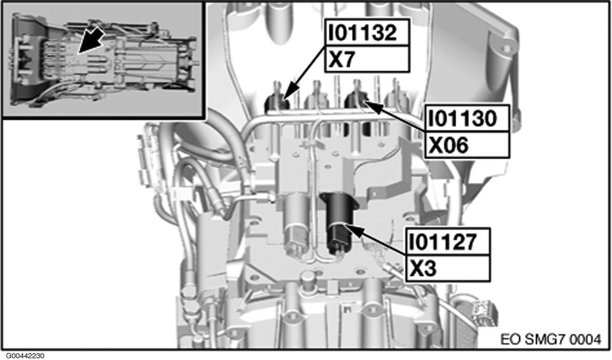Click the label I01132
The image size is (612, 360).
(362, 33)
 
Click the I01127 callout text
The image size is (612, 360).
(446, 241)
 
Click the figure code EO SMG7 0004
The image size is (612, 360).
(550, 338)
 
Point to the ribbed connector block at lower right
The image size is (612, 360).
(483, 311)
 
